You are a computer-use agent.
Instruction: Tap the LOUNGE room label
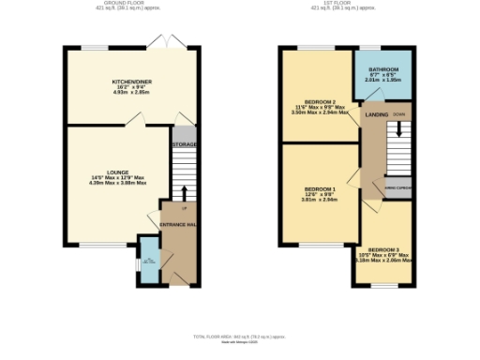[x=117, y=172]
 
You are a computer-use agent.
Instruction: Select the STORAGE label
[x=184, y=145]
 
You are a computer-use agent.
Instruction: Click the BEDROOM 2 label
[x=321, y=101]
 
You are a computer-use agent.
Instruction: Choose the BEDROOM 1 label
[x=319, y=188]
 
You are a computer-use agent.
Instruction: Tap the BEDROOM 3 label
[x=391, y=248]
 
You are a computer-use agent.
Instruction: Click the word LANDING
[x=377, y=115]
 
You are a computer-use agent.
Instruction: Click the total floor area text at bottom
[x=239, y=336]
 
